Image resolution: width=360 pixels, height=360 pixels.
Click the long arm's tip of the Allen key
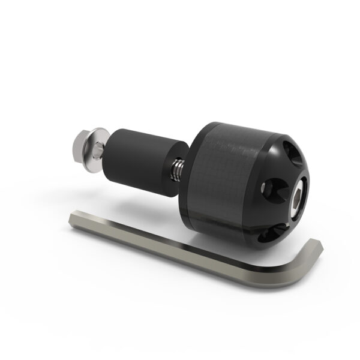tap(73, 216)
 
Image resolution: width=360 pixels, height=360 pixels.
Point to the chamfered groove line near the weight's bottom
tap(234, 227)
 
